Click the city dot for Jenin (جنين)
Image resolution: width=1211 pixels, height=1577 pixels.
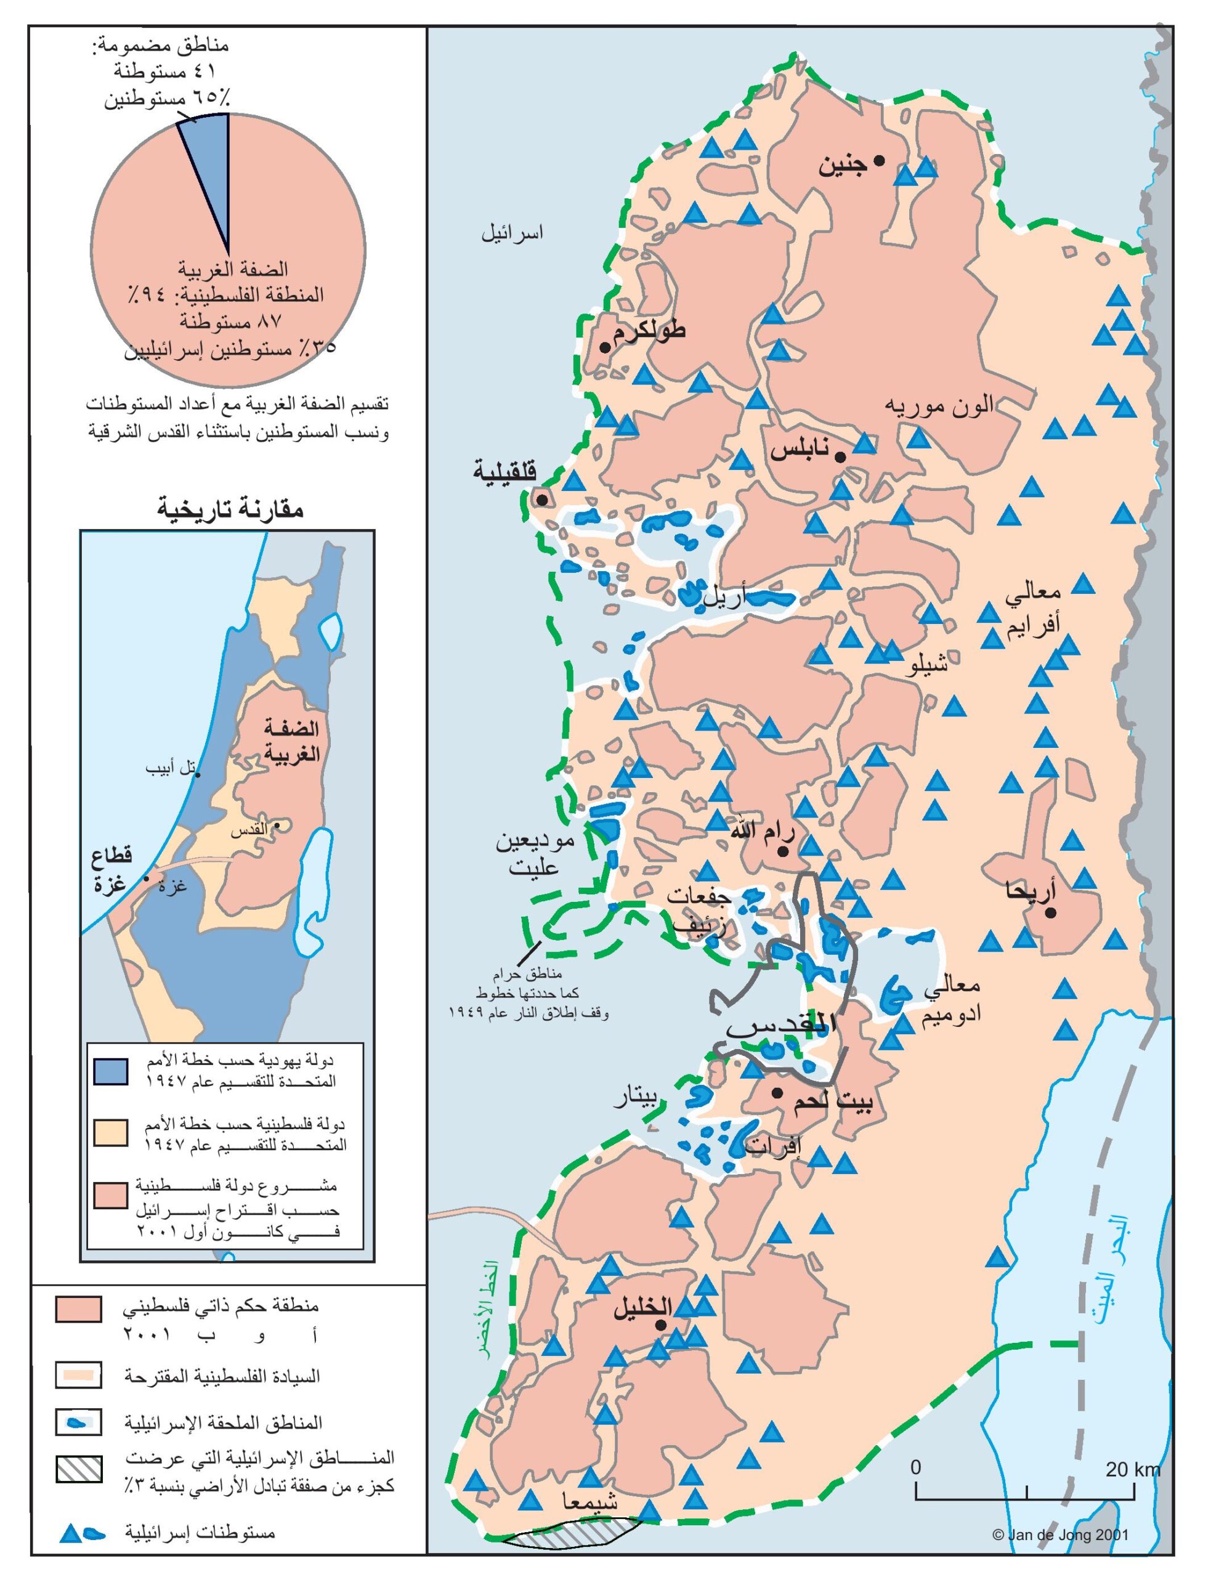pyautogui.click(x=880, y=161)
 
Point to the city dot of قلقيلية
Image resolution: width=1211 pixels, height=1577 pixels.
pyautogui.click(x=542, y=499)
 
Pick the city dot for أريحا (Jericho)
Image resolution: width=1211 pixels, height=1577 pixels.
pyautogui.click(x=1051, y=912)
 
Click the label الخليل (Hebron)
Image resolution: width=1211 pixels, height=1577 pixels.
pyautogui.click(x=643, y=1307)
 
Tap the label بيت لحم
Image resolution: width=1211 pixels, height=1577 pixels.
pyautogui.click(x=833, y=1103)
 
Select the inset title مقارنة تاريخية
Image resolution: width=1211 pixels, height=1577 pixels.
pyautogui.click(x=230, y=509)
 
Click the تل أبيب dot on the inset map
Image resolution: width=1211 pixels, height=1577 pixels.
pyautogui.click(x=198, y=776)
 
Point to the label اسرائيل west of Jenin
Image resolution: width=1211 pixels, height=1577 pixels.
pyautogui.click(x=512, y=233)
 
